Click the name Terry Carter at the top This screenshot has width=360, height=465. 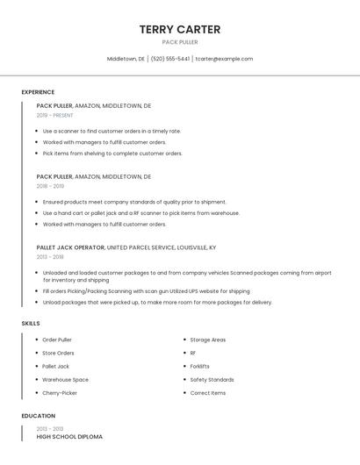pyautogui.click(x=179, y=29)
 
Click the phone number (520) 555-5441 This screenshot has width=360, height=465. pyautogui.click(x=170, y=59)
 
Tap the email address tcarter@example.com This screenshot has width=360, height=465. pyautogui.click(x=224, y=59)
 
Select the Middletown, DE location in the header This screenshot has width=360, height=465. pyautogui.click(x=126, y=59)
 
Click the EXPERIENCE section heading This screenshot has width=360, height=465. pyautogui.click(x=38, y=92)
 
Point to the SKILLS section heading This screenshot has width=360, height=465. pyautogui.click(x=31, y=324)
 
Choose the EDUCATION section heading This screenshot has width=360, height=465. pyautogui.click(x=39, y=416)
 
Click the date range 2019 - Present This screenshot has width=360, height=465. pyautogui.click(x=54, y=116)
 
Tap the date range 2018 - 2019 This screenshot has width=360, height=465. pyautogui.click(x=50, y=186)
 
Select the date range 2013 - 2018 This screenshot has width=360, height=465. pyautogui.click(x=50, y=257)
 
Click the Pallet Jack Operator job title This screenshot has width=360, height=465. pyautogui.click(x=70, y=247)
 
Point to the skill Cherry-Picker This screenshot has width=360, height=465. pyautogui.click(x=61, y=393)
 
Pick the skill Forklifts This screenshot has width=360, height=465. pyautogui.click(x=200, y=367)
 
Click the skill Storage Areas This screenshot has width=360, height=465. pyautogui.click(x=208, y=340)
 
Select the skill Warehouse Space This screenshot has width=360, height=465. pyautogui.click(x=66, y=380)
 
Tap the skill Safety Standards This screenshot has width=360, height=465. pyautogui.click(x=212, y=380)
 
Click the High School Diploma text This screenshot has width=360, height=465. pyautogui.click(x=69, y=437)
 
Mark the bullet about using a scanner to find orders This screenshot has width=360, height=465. pyautogui.click(x=112, y=131)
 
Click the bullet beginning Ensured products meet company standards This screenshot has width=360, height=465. pyautogui.click(x=134, y=202)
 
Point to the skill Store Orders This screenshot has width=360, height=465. pyautogui.click(x=59, y=353)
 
